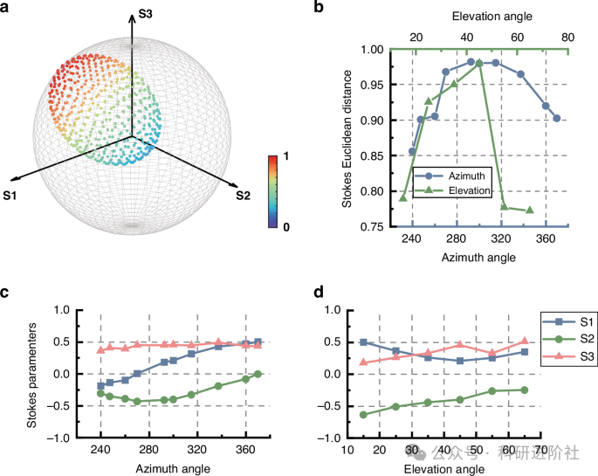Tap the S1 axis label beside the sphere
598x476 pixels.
pyautogui.click(x=12, y=196)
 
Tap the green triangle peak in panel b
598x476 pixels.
pyautogui.click(x=479, y=63)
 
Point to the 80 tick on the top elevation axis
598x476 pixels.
pyautogui.click(x=568, y=38)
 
